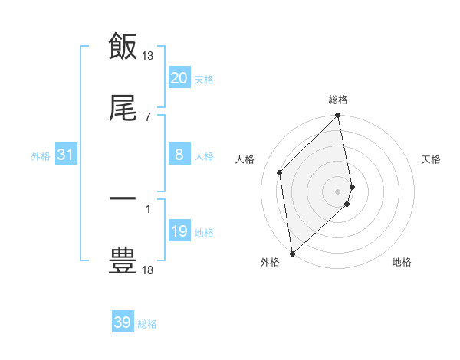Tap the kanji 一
click(123, 198)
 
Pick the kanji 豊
click(123, 260)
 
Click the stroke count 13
click(148, 56)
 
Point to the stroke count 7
click(147, 116)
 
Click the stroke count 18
click(148, 270)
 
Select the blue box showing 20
click(179, 78)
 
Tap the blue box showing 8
click(179, 155)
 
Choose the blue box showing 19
click(179, 231)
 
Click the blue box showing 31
click(65, 155)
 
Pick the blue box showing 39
click(122, 322)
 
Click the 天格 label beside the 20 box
click(204, 79)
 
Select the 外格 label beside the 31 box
click(41, 155)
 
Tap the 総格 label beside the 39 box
click(147, 324)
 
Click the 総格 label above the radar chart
click(338, 100)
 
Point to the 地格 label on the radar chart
click(402, 262)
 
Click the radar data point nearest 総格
click(338, 116)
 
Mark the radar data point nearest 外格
click(292, 254)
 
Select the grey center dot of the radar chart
click(338, 191)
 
